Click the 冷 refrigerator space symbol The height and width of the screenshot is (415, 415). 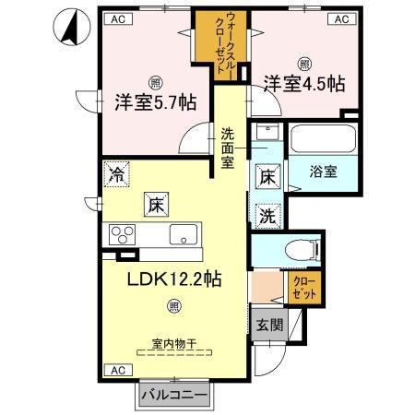coord(117,172)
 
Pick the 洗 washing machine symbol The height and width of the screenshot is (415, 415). coord(265,218)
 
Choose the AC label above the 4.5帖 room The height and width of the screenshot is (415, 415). coord(340,18)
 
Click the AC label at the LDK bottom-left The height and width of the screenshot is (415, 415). coord(117,370)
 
